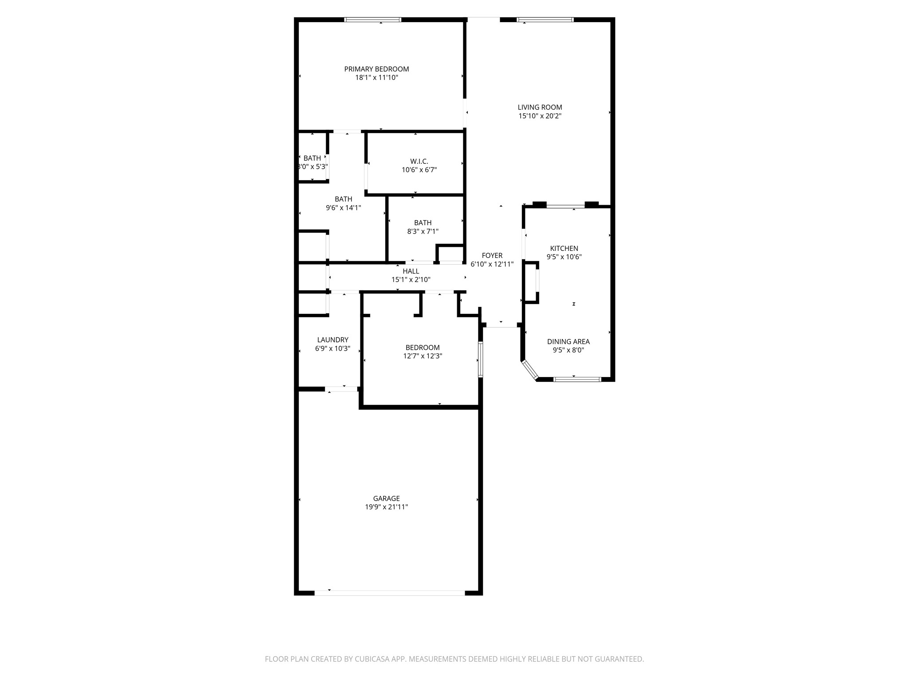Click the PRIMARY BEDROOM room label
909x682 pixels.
tap(376, 69)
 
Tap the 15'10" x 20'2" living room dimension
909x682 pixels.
tap(540, 116)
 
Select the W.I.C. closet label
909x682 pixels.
tap(419, 162)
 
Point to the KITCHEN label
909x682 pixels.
tap(564, 249)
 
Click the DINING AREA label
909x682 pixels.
tap(568, 342)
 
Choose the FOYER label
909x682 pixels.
tap(492, 256)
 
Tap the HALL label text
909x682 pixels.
tap(411, 271)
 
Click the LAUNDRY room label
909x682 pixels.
tap(332, 340)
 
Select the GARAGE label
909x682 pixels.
tap(386, 499)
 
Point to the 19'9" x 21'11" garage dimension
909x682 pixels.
tap(386, 507)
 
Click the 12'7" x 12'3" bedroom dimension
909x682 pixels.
tap(423, 356)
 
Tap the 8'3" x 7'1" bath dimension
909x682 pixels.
tap(423, 231)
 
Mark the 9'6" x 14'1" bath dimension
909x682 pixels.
tap(343, 207)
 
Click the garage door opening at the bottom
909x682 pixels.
tap(389, 593)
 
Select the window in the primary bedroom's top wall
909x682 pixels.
tap(373, 20)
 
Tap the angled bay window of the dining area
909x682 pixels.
tap(529, 370)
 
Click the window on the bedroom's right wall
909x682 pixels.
tap(481, 359)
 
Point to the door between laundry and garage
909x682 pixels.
tap(342, 389)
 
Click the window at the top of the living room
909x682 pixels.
tap(545, 20)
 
